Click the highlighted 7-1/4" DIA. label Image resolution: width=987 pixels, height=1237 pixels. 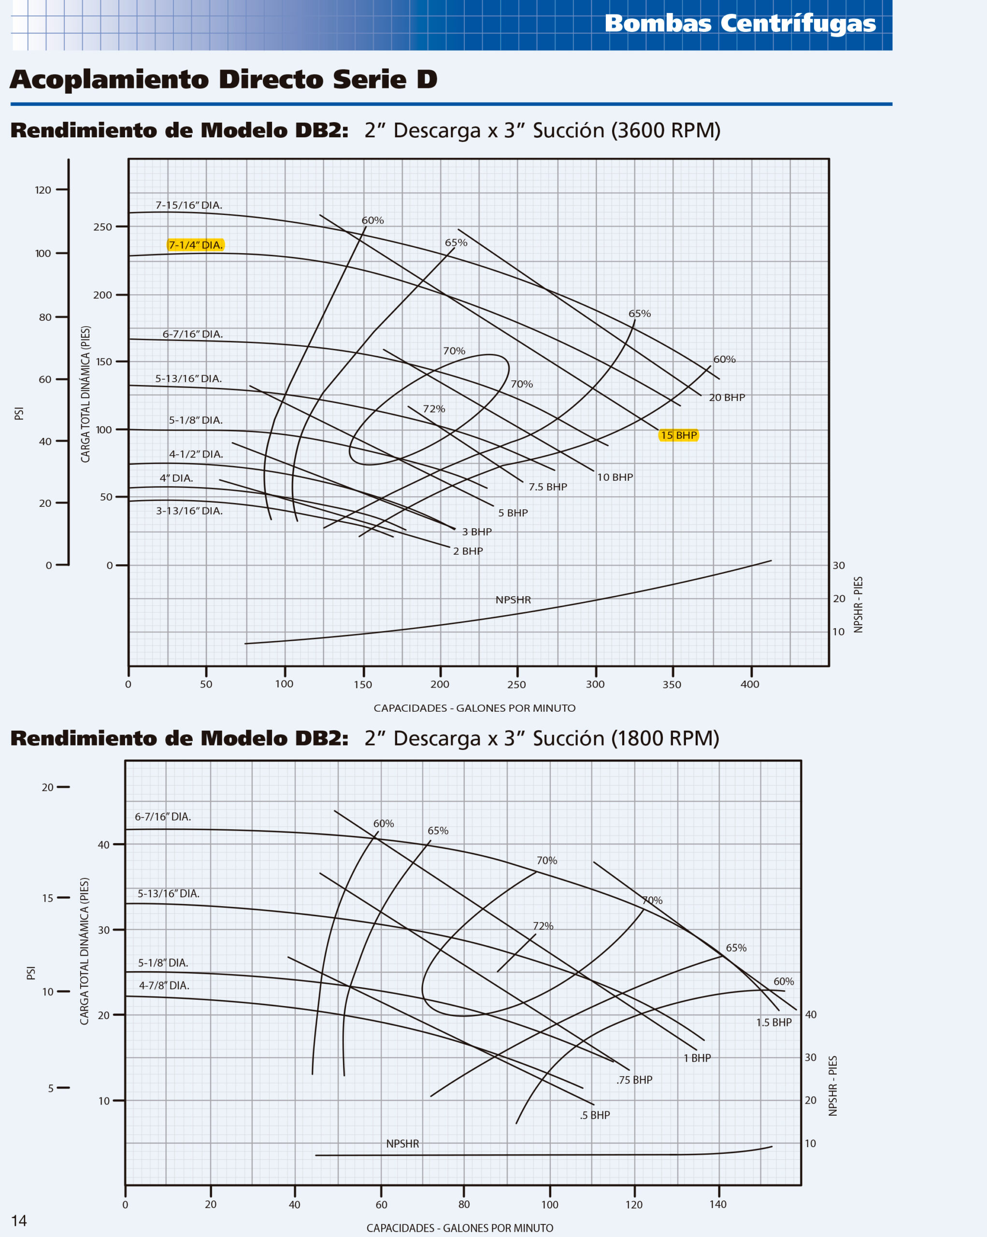(x=195, y=245)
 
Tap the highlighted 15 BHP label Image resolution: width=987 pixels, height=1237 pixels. (x=678, y=435)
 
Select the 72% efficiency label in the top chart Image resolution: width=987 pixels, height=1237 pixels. (x=433, y=409)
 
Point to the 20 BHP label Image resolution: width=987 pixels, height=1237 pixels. (x=727, y=398)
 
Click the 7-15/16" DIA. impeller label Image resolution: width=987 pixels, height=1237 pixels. (x=189, y=205)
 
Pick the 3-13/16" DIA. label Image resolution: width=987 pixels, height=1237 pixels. (x=189, y=511)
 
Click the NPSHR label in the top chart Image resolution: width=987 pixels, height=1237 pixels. (x=513, y=600)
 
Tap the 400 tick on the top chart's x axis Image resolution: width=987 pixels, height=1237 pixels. (x=750, y=684)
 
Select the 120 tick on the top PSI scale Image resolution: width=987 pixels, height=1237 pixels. (x=43, y=190)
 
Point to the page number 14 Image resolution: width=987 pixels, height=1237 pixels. (x=19, y=1221)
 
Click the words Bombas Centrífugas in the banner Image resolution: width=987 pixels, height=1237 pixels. (x=740, y=24)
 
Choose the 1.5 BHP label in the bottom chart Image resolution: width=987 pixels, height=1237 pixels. (x=773, y=1022)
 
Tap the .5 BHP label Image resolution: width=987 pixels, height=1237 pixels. (x=595, y=1115)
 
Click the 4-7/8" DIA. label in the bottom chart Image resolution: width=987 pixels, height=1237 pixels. (x=164, y=985)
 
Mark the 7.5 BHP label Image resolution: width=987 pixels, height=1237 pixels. (x=548, y=487)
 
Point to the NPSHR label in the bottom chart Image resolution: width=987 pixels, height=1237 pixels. (x=402, y=1143)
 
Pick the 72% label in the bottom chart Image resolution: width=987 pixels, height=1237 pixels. (x=543, y=926)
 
